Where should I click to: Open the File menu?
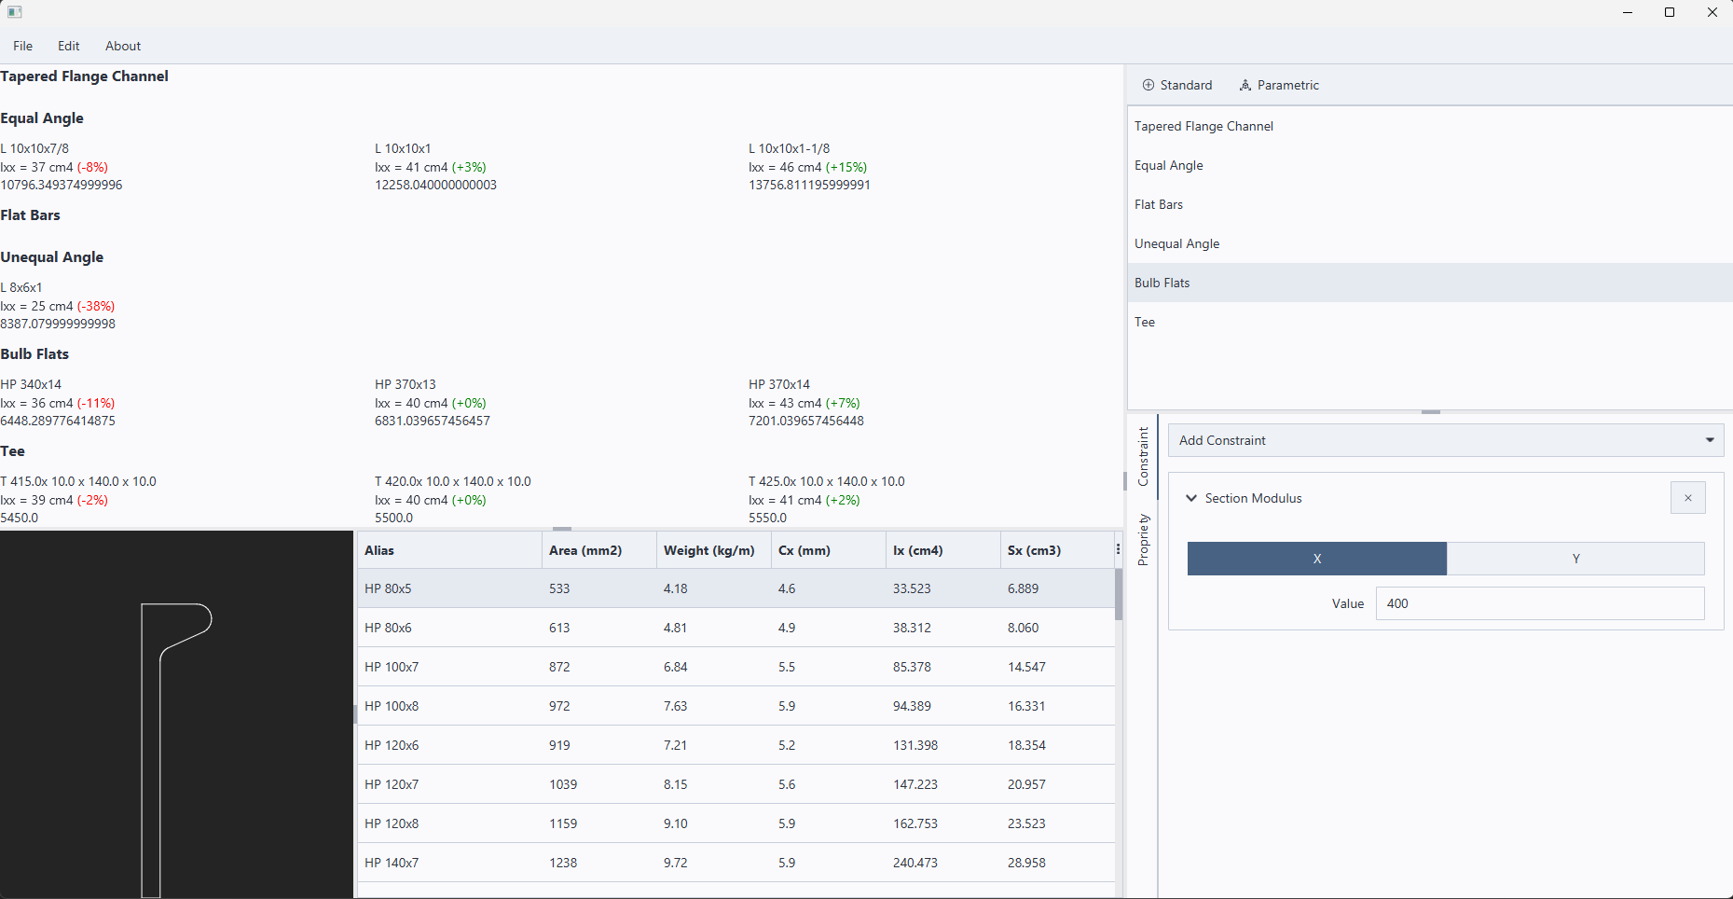[x=23, y=46]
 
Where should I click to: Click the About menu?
[x=123, y=46]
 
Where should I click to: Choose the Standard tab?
[x=1177, y=85]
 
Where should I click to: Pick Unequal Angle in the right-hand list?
[x=1176, y=243]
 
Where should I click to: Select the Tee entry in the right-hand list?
[x=1145, y=322]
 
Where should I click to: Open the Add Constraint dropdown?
[x=1445, y=440]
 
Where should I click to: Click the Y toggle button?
[x=1575, y=559]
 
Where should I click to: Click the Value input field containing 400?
[x=1539, y=603]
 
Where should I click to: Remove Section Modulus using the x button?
[x=1687, y=498]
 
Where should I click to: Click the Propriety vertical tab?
[x=1144, y=540]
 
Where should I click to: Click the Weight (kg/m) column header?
[x=708, y=550]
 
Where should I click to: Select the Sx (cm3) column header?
[x=1034, y=550]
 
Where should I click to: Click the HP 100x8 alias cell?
[x=392, y=706]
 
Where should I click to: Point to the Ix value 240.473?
[x=915, y=863]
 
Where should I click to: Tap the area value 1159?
[x=563, y=823]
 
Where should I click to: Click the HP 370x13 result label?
[x=406, y=384]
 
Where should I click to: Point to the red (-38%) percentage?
[x=96, y=306]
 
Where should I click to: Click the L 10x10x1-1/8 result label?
[x=789, y=148]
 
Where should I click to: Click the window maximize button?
[x=1670, y=12]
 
